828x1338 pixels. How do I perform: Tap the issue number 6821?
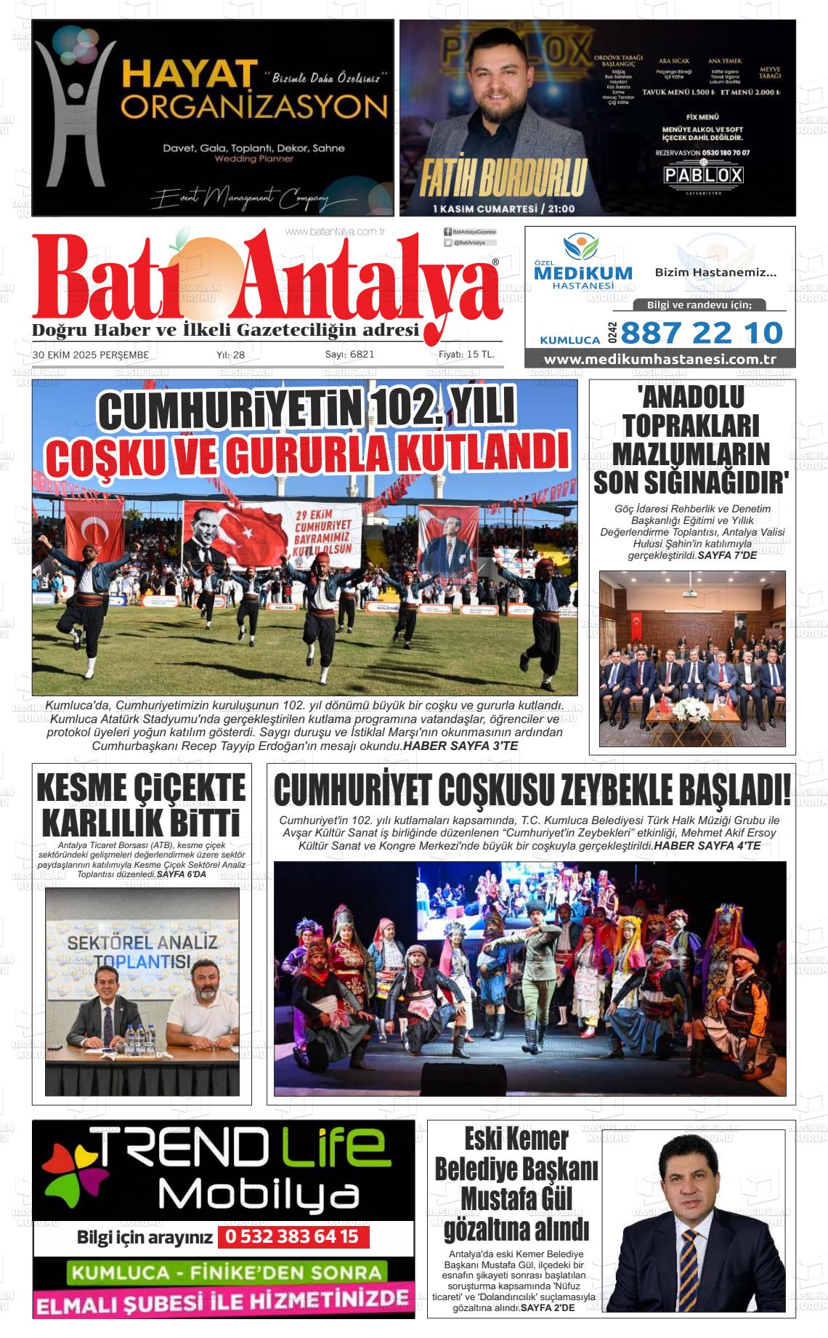tap(350, 355)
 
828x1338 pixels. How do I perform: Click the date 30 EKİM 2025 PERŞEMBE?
tap(91, 355)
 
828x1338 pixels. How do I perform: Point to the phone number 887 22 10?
tap(702, 333)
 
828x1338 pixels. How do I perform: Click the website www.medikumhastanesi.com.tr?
tap(660, 360)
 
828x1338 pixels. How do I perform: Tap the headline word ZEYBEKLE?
tap(593, 791)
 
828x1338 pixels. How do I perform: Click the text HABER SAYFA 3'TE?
tap(460, 746)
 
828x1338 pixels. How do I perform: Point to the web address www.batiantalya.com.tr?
tap(335, 232)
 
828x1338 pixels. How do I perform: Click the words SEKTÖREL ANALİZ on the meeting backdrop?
tap(142, 943)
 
